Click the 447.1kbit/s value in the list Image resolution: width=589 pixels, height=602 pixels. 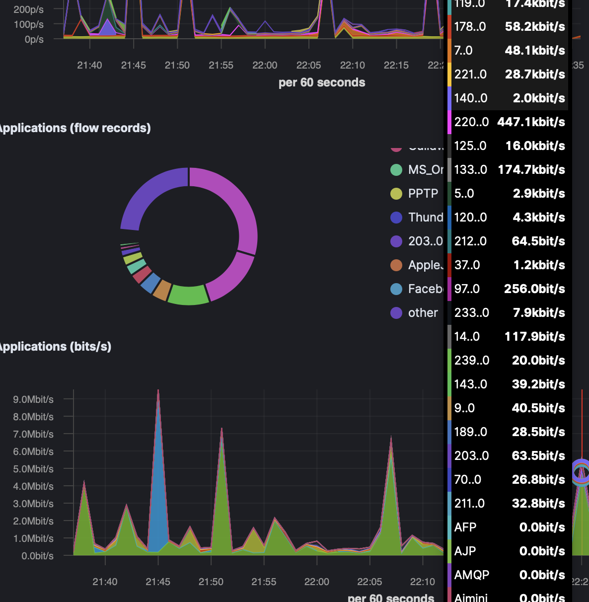[x=531, y=122]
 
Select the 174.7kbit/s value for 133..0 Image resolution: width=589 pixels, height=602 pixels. [x=531, y=170]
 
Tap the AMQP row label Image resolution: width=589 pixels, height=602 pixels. [x=471, y=575]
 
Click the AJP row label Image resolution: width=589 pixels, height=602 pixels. [x=465, y=551]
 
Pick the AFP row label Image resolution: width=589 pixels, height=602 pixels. [x=465, y=527]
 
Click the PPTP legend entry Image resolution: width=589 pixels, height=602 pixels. [x=423, y=194]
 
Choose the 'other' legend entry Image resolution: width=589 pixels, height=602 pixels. [x=423, y=313]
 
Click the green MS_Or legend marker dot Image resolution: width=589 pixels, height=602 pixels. [x=396, y=170]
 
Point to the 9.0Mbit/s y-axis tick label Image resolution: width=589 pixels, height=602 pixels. [x=33, y=399]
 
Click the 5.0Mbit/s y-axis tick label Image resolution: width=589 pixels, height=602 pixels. [x=33, y=469]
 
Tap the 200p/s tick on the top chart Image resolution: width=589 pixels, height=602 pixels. [x=28, y=9]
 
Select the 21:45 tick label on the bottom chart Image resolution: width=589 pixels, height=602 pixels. [x=158, y=582]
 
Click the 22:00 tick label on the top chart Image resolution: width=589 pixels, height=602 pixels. [x=265, y=65]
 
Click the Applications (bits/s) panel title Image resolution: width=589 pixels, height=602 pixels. [x=55, y=347]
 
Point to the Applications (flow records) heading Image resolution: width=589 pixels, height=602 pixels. [x=74, y=128]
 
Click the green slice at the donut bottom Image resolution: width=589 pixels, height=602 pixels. [x=188, y=295]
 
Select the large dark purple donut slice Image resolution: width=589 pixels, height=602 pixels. [x=149, y=194]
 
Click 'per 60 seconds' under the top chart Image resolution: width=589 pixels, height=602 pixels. [x=322, y=82]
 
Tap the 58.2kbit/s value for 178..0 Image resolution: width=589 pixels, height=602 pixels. [x=535, y=27]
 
